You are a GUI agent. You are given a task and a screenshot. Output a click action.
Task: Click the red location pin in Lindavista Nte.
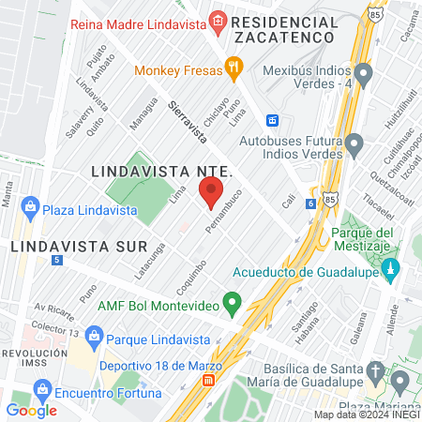coord(211,194)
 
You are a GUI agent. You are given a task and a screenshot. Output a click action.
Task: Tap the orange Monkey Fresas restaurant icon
coord(234,68)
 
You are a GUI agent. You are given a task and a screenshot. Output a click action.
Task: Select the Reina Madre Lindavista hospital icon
coord(219,20)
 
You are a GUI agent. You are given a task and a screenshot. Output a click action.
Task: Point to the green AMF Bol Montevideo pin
coord(234,303)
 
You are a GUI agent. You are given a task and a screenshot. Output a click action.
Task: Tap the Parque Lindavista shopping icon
coord(94,336)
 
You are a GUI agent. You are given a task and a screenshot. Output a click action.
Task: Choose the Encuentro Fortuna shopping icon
coord(41,387)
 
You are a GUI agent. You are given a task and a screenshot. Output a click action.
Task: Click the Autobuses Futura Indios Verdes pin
coord(354,143)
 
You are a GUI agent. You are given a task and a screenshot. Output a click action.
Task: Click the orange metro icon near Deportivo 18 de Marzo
coord(209,382)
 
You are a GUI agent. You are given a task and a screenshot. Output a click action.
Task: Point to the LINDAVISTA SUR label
coord(79,246)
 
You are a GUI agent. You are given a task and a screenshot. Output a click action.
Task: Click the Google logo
coord(31,410)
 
